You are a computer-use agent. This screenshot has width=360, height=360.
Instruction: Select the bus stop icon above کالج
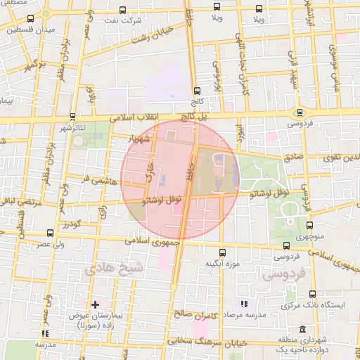pos(196,91)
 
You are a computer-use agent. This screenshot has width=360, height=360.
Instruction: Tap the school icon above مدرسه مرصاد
pos(244,303)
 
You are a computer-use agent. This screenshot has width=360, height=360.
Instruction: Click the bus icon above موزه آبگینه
pos(222,252)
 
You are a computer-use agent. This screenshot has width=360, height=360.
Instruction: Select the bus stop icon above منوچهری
pos(310,226)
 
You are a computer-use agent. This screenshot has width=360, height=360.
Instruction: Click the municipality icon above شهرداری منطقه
pos(302,329)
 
